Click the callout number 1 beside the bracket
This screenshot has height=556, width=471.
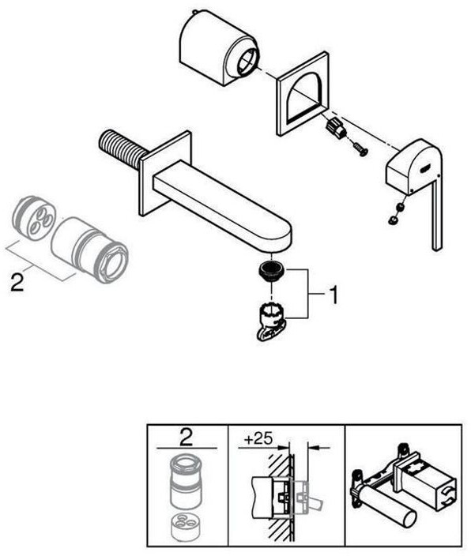pyautogui.click(x=333, y=295)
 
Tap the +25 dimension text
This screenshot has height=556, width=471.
pyautogui.click(x=258, y=439)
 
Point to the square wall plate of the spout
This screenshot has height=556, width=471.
pyautogui.click(x=164, y=173)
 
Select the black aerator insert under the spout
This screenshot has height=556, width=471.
pyautogui.click(x=272, y=272)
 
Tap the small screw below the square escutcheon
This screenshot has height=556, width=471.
pyautogui.click(x=359, y=149)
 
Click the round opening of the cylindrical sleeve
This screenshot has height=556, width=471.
pyautogui.click(x=246, y=59)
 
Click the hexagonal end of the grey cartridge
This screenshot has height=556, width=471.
pyautogui.click(x=111, y=262)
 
